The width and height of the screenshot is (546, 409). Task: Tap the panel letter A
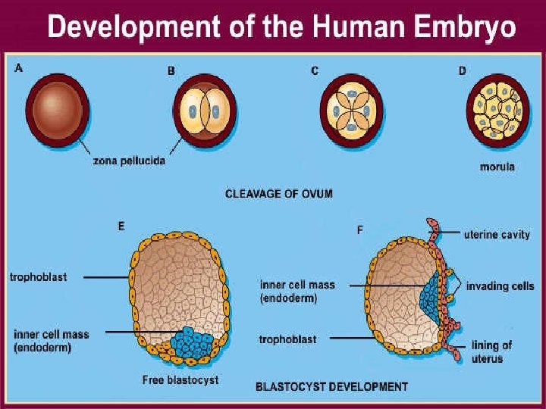click(x=19, y=68)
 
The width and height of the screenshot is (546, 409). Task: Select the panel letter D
click(x=462, y=70)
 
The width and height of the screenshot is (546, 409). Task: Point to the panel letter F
click(x=359, y=229)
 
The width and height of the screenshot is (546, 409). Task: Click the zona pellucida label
click(x=129, y=161)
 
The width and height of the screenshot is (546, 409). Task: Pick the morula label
click(x=497, y=166)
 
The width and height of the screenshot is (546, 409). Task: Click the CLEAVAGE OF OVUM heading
click(x=278, y=194)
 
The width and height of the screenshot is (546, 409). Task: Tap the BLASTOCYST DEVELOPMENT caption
click(x=331, y=387)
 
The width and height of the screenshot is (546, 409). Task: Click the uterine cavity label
click(x=497, y=235)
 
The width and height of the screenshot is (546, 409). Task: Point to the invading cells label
click(x=500, y=286)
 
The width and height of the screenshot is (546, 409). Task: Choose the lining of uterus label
click(x=491, y=351)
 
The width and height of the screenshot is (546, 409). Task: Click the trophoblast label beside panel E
click(x=38, y=277)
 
